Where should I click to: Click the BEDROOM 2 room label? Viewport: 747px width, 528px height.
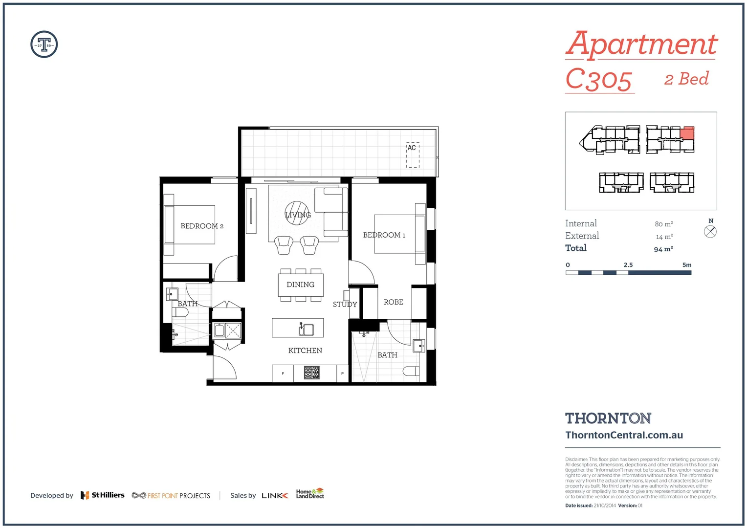click(x=202, y=226)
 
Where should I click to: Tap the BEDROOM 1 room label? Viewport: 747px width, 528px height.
click(x=384, y=235)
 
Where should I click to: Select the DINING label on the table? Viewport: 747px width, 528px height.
click(x=300, y=285)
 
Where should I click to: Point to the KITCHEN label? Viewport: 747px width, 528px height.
click(x=305, y=351)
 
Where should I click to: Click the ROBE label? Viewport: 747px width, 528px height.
click(x=393, y=302)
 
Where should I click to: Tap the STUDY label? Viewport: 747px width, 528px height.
click(x=345, y=304)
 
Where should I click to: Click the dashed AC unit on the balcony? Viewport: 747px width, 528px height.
click(x=413, y=155)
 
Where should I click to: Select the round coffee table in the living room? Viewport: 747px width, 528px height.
click(x=297, y=213)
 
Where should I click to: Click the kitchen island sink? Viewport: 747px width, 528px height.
click(x=307, y=330)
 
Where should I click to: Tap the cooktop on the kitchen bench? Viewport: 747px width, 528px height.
click(x=311, y=373)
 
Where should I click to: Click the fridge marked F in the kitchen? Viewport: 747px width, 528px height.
click(x=283, y=374)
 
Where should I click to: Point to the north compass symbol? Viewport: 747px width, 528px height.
click(x=710, y=231)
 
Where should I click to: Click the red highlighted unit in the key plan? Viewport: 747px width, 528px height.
click(x=687, y=133)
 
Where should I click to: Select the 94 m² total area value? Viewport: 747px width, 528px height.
click(x=663, y=249)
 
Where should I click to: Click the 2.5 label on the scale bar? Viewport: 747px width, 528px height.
click(x=628, y=265)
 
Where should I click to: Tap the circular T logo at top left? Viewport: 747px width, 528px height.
click(x=44, y=44)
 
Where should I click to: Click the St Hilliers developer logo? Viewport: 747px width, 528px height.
click(x=103, y=495)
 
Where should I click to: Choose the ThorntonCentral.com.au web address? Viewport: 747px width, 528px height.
click(x=624, y=435)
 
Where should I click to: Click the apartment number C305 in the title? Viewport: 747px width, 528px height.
click(x=599, y=80)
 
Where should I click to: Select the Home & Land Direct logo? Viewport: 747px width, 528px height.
click(x=310, y=494)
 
